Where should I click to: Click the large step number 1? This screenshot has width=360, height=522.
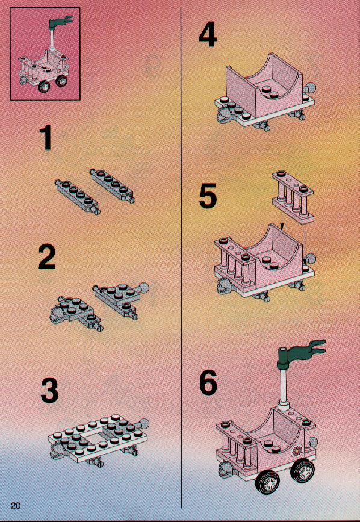click(46, 137)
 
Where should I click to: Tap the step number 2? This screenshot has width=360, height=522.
click(47, 256)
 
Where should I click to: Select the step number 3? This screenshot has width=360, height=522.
click(49, 392)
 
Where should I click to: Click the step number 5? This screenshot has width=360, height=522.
click(208, 197)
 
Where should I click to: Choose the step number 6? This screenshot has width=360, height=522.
click(208, 383)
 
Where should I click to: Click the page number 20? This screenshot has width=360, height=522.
click(16, 505)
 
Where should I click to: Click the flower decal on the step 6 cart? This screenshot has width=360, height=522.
click(296, 451)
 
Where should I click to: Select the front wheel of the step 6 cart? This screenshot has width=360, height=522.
click(268, 480)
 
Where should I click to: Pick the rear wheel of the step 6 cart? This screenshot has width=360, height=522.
click(303, 469)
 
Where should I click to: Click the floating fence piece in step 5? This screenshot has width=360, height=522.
click(293, 197)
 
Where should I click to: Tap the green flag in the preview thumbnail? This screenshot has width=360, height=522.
click(60, 22)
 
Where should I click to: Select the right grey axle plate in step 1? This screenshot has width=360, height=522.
click(113, 186)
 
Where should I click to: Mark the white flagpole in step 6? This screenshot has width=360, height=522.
click(285, 388)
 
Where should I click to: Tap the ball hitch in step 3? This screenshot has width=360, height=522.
click(144, 424)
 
